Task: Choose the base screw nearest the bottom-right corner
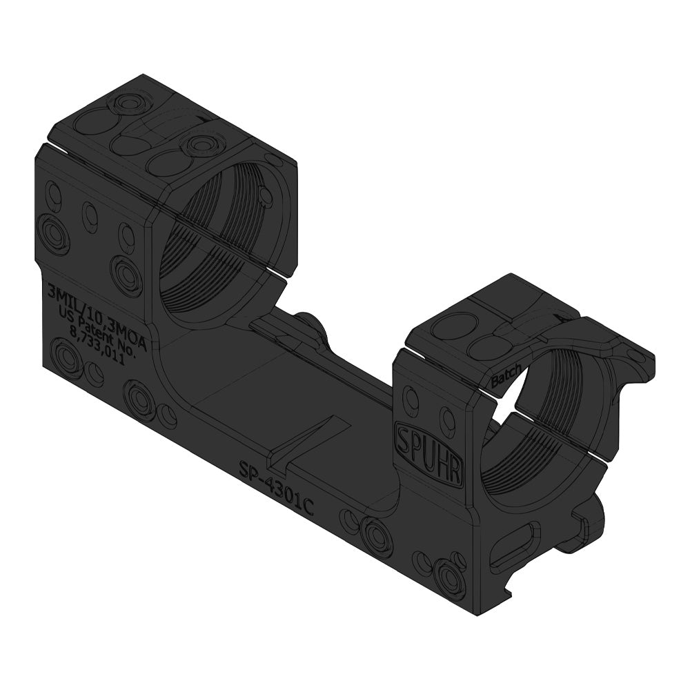[450, 577]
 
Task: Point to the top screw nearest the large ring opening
[201, 145]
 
